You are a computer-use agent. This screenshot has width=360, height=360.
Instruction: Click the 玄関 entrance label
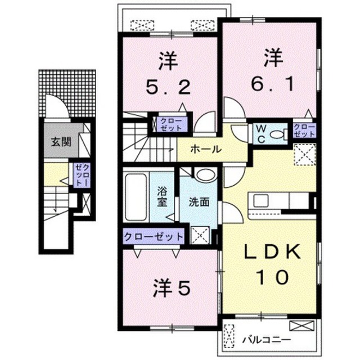(61, 142)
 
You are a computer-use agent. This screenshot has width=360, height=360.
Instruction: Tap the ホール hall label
(206, 150)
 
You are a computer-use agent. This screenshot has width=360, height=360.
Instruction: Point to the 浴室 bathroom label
(162, 196)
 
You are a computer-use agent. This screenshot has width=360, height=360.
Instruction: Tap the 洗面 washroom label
(199, 202)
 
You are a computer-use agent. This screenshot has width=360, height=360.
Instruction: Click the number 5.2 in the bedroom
(168, 88)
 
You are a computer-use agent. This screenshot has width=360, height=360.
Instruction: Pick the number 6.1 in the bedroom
(272, 84)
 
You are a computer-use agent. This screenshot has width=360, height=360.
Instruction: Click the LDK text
(272, 252)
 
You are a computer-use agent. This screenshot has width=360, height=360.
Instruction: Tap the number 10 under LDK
(272, 277)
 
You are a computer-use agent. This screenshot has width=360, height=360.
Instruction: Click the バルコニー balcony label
(266, 339)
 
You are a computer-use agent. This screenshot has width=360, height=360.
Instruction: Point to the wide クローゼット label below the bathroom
(154, 236)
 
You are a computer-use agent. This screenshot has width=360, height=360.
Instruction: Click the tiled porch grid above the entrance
(67, 93)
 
